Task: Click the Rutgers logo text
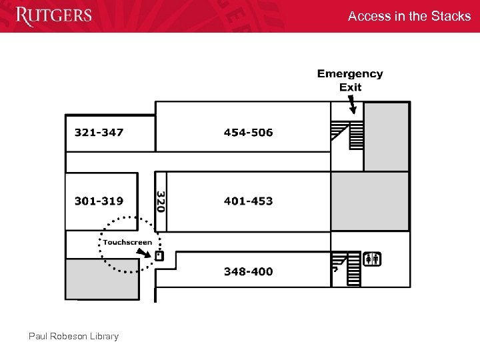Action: point(54,15)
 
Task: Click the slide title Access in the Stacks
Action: point(409,16)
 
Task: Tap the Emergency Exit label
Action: point(350,80)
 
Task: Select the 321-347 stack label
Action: point(99,133)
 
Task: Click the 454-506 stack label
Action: point(248,133)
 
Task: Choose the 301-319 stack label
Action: point(99,201)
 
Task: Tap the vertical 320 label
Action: point(160,201)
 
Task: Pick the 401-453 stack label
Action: point(248,201)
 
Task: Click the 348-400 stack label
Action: point(248,271)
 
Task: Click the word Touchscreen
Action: point(127,242)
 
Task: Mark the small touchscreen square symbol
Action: point(159,255)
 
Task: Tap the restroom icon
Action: point(372,259)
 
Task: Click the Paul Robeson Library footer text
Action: point(73,336)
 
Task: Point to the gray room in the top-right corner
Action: point(387,136)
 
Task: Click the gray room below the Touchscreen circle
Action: point(102,278)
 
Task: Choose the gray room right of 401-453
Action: point(370,201)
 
